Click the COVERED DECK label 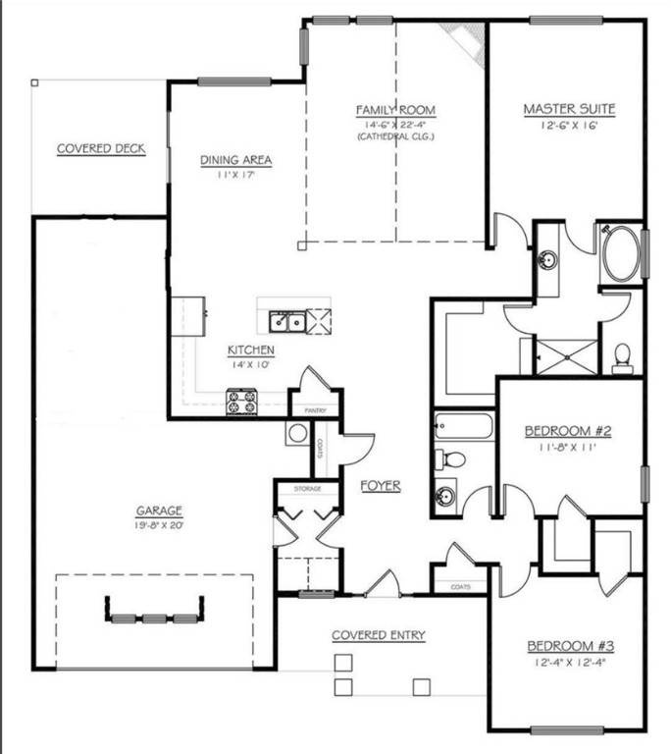point(101,149)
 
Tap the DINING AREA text point(235,161)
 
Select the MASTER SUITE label point(569,109)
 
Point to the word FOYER point(380,486)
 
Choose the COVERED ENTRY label point(379,635)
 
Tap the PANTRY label point(314,410)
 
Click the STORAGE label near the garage point(307,487)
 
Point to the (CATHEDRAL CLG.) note point(395,136)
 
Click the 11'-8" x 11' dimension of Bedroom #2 point(568,446)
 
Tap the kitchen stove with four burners point(241,403)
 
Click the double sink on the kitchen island point(286,321)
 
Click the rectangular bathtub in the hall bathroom point(462,428)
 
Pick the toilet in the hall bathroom point(452,459)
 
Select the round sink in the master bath point(549,261)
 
